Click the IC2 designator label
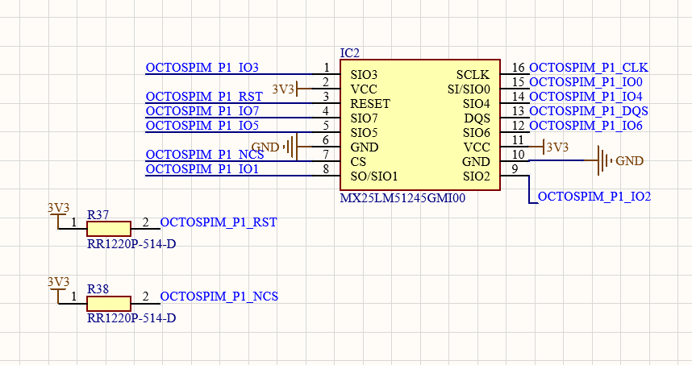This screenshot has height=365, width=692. click(350, 52)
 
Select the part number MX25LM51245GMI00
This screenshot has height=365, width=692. click(402, 197)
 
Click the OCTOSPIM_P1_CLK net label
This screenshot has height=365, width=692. click(588, 68)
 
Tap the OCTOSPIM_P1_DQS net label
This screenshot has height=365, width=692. click(588, 111)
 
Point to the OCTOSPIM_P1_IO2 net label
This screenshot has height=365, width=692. click(594, 197)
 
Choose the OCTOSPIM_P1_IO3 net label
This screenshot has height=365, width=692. click(202, 68)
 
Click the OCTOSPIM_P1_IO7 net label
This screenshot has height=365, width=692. click(202, 111)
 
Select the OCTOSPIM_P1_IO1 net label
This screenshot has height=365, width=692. click(202, 169)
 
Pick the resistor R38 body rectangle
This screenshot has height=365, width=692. click(108, 304)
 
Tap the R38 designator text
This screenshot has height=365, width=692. click(98, 288)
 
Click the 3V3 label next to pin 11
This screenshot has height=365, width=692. click(557, 147)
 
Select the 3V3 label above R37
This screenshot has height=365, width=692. click(58, 207)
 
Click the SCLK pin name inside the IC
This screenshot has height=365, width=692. click(473, 74)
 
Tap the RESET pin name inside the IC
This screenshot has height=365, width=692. click(370, 104)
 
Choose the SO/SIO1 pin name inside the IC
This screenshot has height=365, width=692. click(374, 176)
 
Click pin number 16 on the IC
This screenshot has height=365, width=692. click(518, 68)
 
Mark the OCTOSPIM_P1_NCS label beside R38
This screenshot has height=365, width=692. click(219, 297)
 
